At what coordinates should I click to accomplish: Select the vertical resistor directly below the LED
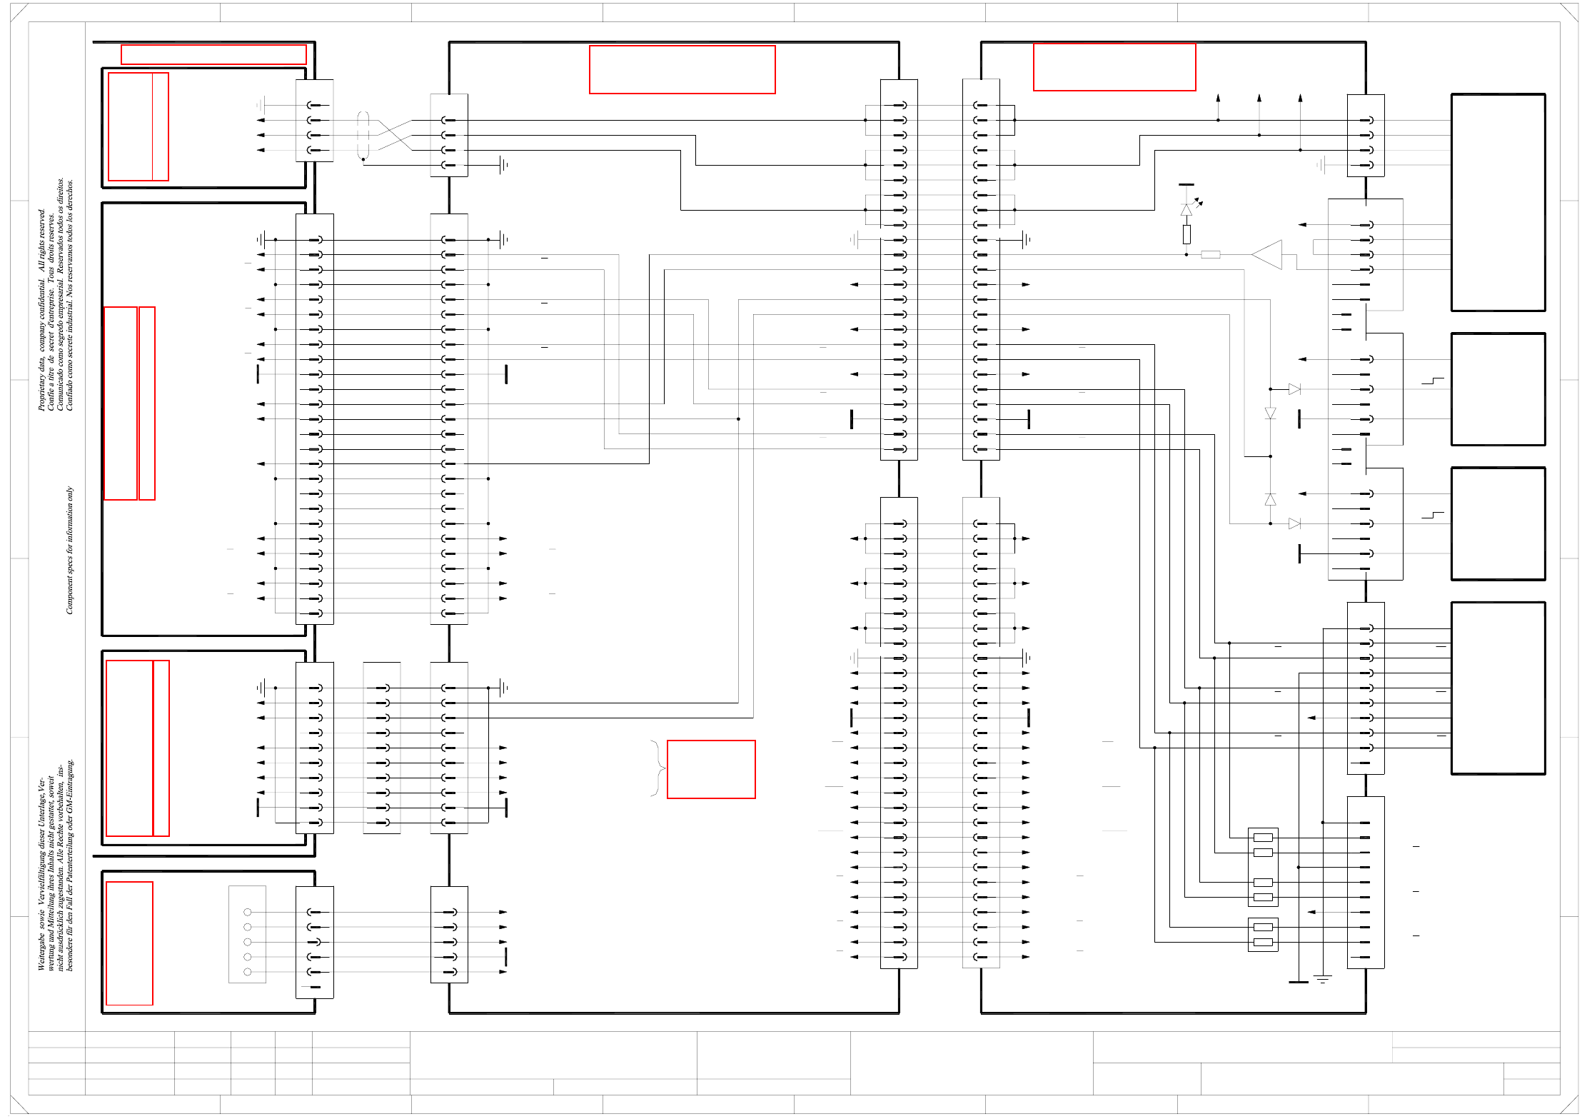point(1187,234)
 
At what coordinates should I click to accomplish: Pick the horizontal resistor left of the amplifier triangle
point(1211,255)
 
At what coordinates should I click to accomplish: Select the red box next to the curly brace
point(711,769)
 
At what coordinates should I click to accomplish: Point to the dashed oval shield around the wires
point(363,135)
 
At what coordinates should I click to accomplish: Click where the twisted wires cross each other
point(395,135)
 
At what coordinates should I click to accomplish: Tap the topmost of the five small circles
point(248,912)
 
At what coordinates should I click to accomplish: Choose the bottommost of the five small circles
point(248,972)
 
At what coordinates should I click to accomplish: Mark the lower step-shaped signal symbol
point(1433,515)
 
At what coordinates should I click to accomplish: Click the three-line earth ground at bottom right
point(1323,979)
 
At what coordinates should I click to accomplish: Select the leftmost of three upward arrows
point(1218,99)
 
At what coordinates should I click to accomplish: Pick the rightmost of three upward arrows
point(1300,99)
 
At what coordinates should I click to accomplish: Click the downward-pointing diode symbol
point(1270,413)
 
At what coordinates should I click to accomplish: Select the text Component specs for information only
point(69,550)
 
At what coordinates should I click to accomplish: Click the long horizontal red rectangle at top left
point(213,55)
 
